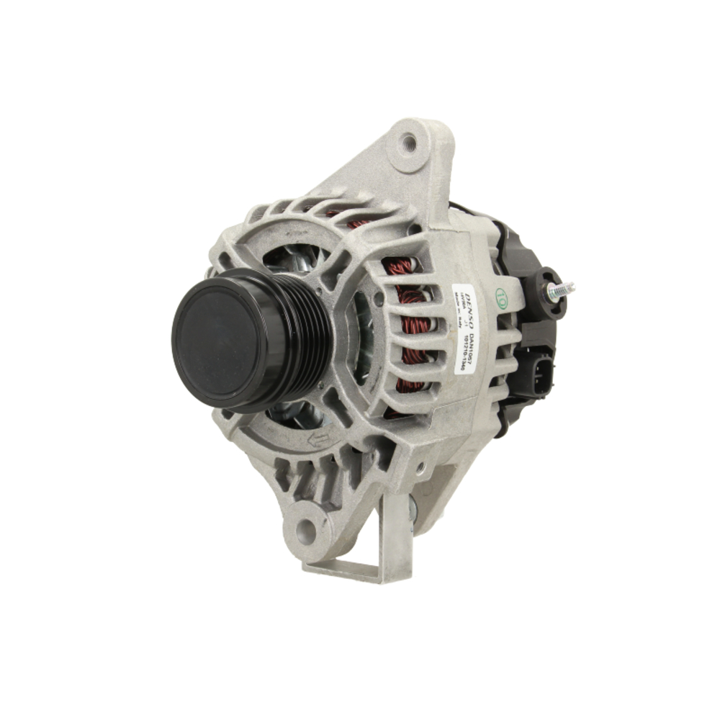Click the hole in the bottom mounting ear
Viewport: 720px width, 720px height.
point(306,532)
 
